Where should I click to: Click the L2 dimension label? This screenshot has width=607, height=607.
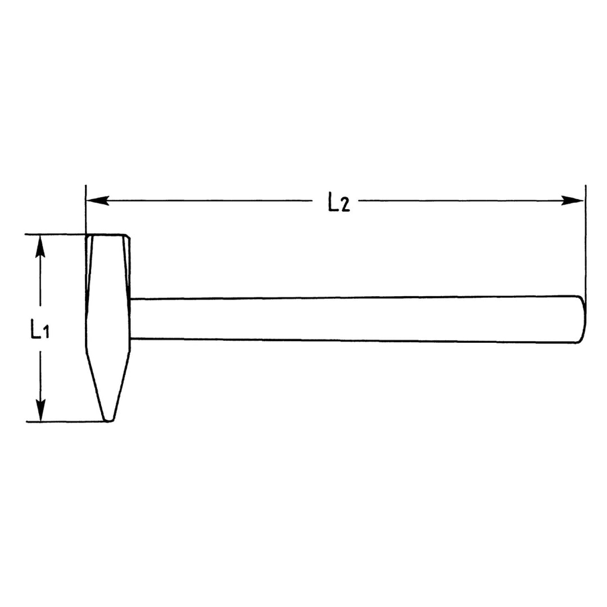[x=338, y=202]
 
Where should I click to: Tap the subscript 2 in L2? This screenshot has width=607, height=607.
[x=345, y=206]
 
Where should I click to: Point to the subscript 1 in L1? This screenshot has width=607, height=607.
[x=47, y=333]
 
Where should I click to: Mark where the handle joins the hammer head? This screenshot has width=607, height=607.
[x=131, y=319]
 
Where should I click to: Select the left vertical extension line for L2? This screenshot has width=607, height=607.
[x=85, y=214]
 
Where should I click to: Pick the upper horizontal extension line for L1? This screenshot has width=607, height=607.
[x=56, y=234]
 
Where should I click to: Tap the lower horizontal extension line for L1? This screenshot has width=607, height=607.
[x=62, y=422]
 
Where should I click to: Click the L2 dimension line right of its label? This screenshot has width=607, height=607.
[x=461, y=200]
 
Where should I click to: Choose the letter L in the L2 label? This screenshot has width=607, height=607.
[x=333, y=201]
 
